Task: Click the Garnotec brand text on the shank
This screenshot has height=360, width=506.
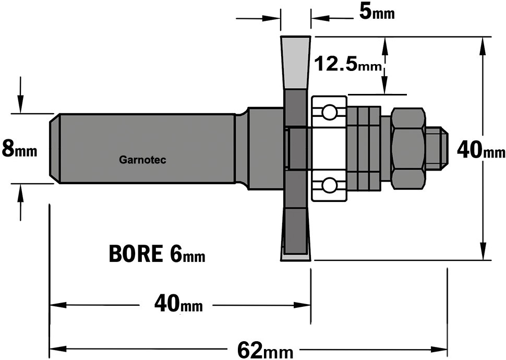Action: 142,160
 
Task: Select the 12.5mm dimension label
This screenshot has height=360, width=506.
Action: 348,64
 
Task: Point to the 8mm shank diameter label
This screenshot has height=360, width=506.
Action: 19,149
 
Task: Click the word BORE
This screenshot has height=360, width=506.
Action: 136,254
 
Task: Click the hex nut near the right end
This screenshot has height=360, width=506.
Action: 408,149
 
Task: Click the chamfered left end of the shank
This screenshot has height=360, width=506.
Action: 54,149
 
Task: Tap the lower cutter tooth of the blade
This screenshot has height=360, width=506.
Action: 295,234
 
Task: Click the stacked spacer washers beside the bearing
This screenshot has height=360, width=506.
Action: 364,149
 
